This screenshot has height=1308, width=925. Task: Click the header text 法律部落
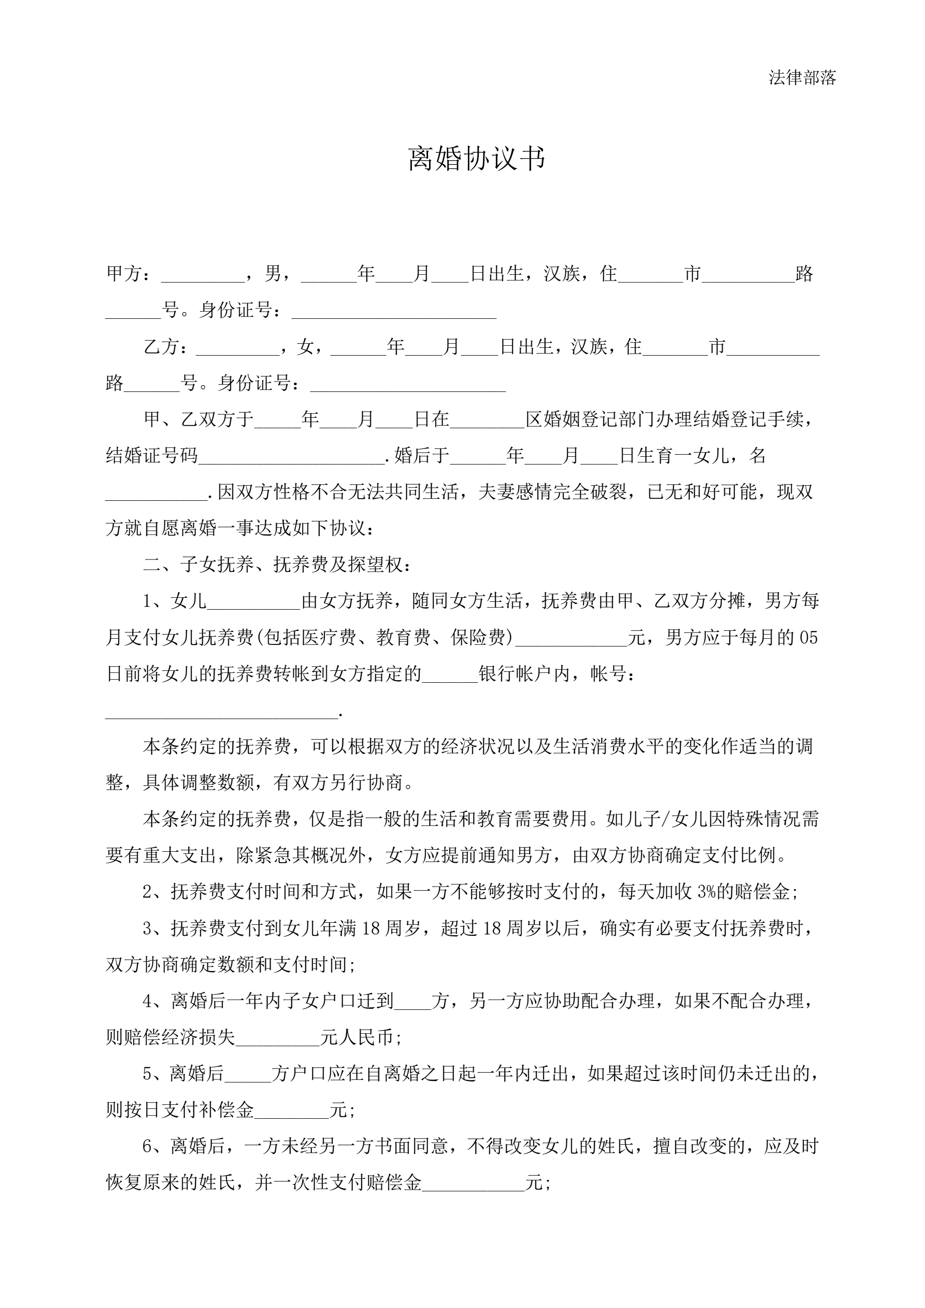[802, 77]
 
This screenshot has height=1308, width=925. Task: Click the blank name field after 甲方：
[203, 275]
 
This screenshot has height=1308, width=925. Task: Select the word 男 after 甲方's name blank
[273, 274]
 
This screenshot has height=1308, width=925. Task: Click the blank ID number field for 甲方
[394, 312]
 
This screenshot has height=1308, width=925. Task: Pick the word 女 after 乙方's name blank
[305, 347]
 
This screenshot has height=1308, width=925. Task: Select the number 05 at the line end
[808, 638]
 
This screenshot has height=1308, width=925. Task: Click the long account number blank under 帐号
[222, 712]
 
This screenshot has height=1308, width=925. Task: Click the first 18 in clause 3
[370, 929]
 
